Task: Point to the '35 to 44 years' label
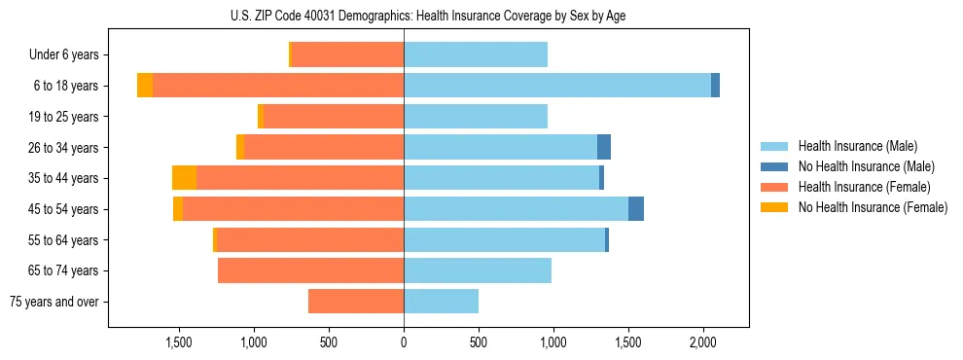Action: (64, 178)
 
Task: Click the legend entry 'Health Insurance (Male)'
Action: (857, 146)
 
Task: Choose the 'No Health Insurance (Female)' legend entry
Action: (873, 207)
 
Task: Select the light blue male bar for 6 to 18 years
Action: (557, 86)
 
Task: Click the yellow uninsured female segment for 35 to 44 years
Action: (184, 178)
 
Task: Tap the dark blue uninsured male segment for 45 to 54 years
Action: (636, 209)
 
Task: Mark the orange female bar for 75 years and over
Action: (356, 302)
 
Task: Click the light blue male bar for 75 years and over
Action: (441, 302)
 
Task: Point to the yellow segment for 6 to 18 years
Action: (145, 86)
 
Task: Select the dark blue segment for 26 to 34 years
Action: (604, 147)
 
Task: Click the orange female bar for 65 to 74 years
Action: (310, 270)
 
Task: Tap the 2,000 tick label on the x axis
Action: (703, 342)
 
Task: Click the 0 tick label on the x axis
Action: (404, 342)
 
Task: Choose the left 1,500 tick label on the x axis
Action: (179, 342)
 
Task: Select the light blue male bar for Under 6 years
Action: (476, 55)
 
